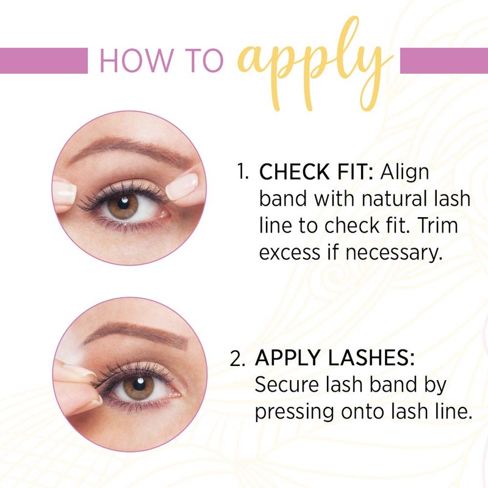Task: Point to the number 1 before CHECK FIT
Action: point(243,173)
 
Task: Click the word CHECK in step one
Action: point(296,173)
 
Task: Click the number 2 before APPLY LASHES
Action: point(237,358)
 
